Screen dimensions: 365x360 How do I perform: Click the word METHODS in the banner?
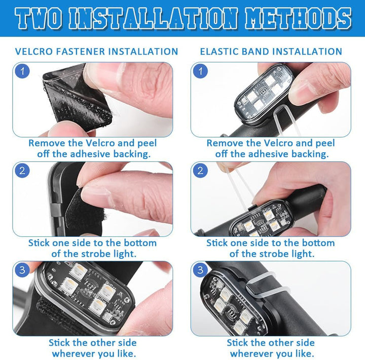pos(298,18)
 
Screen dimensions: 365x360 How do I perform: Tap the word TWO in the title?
pos(39,18)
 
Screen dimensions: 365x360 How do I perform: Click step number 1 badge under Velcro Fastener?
pos(22,71)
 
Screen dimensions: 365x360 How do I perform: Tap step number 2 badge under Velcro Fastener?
pos(22,171)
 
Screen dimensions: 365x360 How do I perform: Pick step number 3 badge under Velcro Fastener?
pos(22,270)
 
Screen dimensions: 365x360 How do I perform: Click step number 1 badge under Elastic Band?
pos(200,71)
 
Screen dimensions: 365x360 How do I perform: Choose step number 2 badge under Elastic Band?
pos(200,171)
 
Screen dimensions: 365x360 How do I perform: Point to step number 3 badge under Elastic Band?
pos(200,270)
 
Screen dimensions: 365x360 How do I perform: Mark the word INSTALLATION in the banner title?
pos(153,18)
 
